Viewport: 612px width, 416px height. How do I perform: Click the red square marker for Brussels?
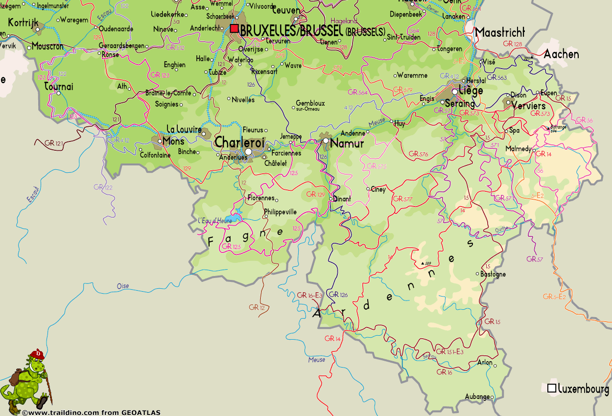point(235,29)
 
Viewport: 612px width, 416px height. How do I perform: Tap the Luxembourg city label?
point(583,389)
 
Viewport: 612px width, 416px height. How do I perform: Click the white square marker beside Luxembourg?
point(552,388)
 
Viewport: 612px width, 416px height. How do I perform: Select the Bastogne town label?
point(494,274)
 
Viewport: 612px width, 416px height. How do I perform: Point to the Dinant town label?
point(342,199)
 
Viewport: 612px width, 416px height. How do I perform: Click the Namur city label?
point(347,143)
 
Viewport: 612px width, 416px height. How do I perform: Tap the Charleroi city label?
point(240,142)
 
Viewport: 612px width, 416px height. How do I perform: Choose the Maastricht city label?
point(500,33)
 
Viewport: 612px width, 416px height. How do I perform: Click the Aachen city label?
point(561,54)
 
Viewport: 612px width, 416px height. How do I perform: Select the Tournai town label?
point(59,87)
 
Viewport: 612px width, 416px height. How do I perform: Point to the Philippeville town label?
point(281,212)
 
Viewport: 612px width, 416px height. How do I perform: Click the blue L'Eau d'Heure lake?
point(234,217)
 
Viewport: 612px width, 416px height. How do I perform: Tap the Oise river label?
point(123,286)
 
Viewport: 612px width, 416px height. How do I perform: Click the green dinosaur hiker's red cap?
point(36,353)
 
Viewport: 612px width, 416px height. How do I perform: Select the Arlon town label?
point(485,363)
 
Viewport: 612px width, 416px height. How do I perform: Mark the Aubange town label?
point(477,396)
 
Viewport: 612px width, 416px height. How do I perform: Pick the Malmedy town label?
point(518,148)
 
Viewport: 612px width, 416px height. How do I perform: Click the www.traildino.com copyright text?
point(91,413)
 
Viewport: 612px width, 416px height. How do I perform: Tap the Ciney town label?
point(378,189)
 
